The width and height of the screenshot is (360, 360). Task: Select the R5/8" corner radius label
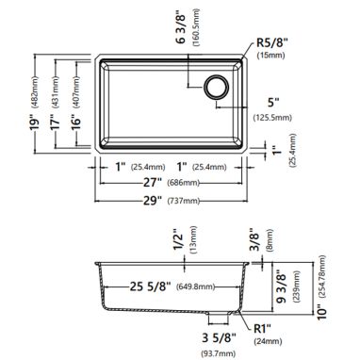click(270, 42)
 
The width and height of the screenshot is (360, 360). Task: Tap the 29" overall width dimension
click(153, 200)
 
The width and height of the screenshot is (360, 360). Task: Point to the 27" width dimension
click(153, 182)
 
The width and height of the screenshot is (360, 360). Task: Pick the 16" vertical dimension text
click(76, 121)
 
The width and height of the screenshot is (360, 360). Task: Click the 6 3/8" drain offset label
click(183, 29)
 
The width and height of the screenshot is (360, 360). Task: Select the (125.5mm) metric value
click(272, 118)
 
